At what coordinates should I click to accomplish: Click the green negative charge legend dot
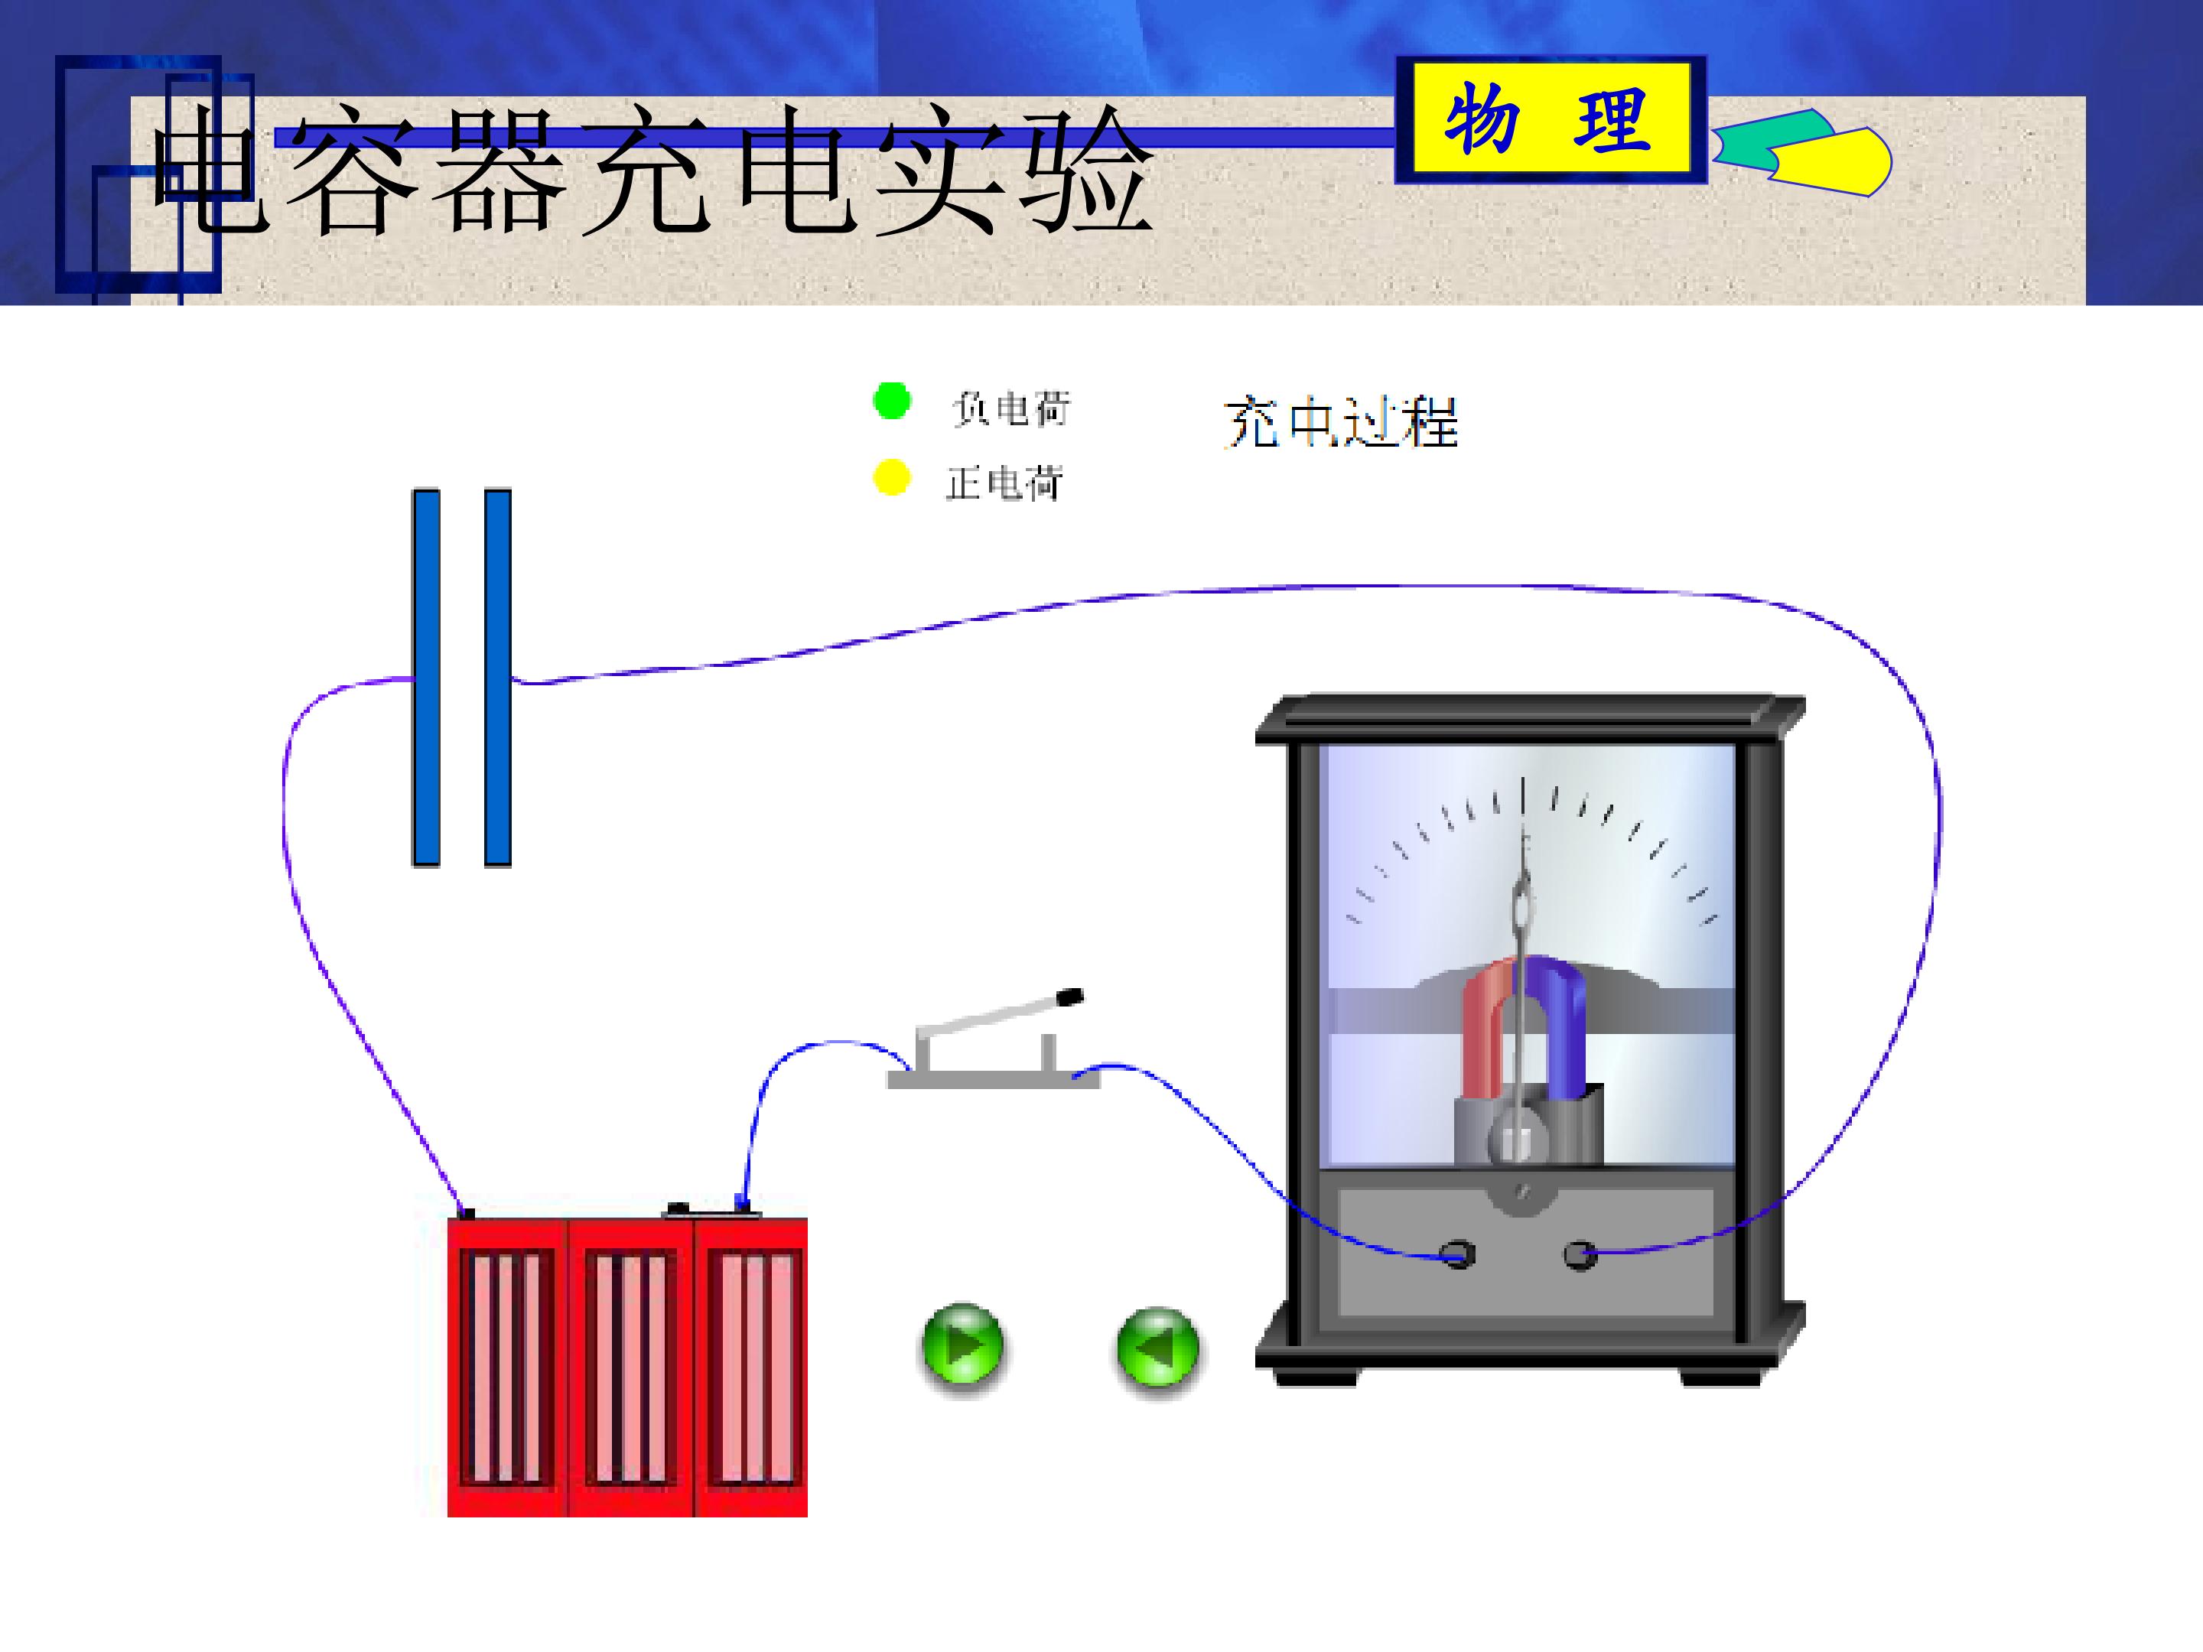point(891,402)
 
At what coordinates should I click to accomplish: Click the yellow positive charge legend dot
point(891,477)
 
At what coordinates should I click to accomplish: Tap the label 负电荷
point(1011,408)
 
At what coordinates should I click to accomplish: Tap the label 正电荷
point(1004,483)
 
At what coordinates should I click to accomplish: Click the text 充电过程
point(1340,422)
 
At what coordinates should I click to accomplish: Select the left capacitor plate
point(426,677)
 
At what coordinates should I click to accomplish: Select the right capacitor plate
point(498,677)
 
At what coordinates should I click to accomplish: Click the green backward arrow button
point(1157,1348)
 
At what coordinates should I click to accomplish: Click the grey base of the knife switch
point(993,1079)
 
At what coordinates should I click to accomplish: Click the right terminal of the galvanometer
point(1580,1255)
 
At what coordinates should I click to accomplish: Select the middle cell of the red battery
point(630,1367)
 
